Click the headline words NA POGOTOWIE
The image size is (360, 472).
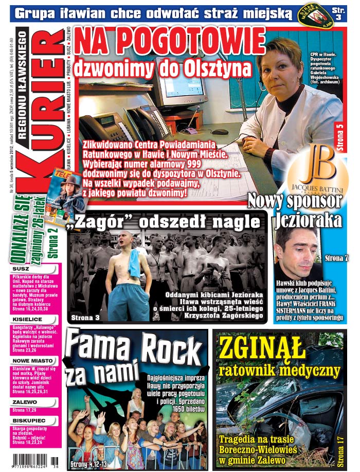point(169,42)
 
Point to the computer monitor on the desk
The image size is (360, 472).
point(181,82)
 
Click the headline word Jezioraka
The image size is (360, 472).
point(308,220)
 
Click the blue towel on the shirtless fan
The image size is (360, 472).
point(134,263)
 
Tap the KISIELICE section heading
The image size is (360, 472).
point(28,319)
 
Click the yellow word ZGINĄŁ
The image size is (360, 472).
point(261,350)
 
